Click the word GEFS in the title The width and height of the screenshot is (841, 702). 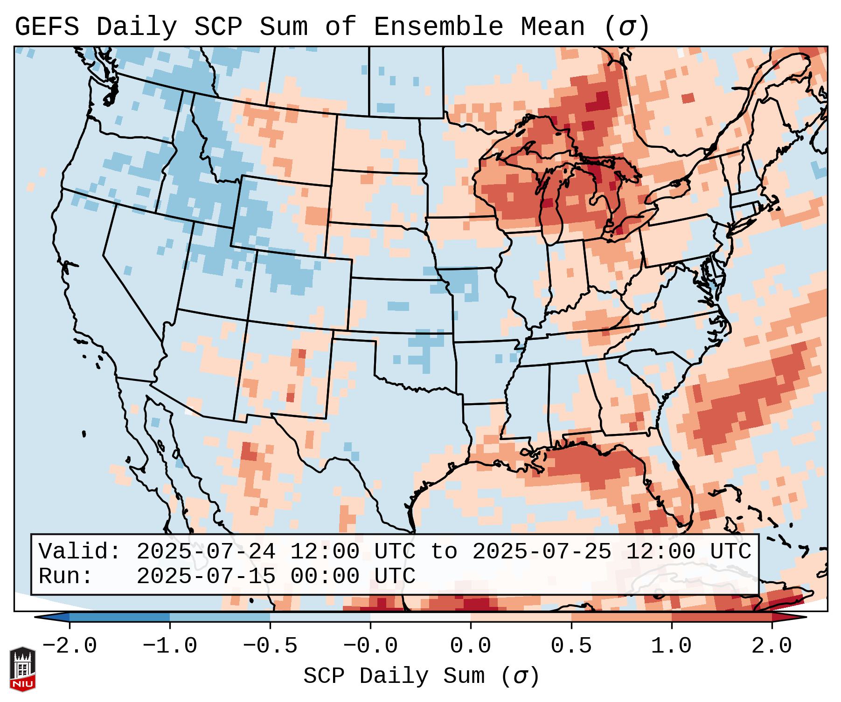[x=47, y=27]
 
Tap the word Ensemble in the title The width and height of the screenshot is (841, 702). [x=438, y=27]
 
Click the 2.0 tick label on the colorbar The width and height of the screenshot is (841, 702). [x=771, y=646]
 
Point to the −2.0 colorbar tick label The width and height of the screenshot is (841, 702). [x=70, y=646]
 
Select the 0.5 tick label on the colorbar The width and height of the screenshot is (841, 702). [x=571, y=646]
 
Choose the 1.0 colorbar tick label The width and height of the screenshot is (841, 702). [x=671, y=646]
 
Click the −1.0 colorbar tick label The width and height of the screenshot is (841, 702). [x=170, y=646]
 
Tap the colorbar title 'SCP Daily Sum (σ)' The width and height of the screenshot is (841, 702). [x=421, y=676]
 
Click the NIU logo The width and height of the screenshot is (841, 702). [x=22, y=669]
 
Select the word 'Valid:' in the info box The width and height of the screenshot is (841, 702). [x=80, y=551]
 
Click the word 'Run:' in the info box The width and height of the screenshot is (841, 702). [x=66, y=576]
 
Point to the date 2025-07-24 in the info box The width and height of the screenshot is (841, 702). [x=206, y=551]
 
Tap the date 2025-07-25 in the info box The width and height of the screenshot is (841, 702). [x=542, y=551]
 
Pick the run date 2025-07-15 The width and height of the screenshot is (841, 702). [x=206, y=576]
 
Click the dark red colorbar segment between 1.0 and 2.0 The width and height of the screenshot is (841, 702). [x=721, y=617]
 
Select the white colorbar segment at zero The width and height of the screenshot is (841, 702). [x=420, y=617]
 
